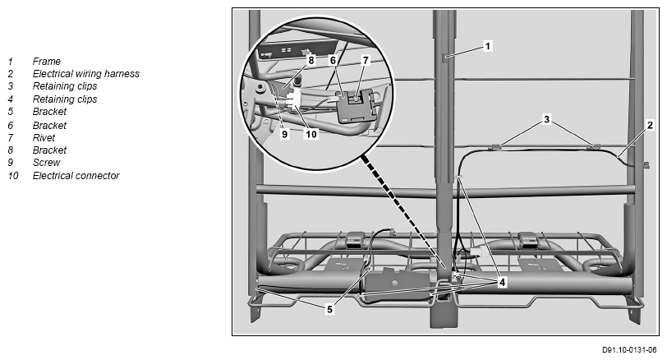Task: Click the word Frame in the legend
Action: point(46,62)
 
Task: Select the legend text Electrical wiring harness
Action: point(86,74)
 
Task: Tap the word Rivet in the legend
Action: point(44,138)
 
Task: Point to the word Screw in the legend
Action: point(46,163)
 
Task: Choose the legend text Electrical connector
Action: point(76,176)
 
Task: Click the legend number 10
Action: point(13,176)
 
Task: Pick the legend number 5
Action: point(11,112)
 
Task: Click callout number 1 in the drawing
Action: point(487,46)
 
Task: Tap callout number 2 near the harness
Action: point(650,125)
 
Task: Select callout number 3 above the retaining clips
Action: point(546,119)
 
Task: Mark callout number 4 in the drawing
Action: point(502,282)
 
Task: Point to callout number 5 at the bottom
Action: point(329,309)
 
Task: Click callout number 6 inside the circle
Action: point(333,61)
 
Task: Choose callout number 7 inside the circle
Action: point(366,61)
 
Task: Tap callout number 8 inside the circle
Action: point(311,61)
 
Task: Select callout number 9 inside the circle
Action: point(284,134)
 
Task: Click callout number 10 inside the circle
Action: point(311,134)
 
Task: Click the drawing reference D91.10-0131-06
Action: point(629,350)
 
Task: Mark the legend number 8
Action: point(11,150)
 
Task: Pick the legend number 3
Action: point(11,86)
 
